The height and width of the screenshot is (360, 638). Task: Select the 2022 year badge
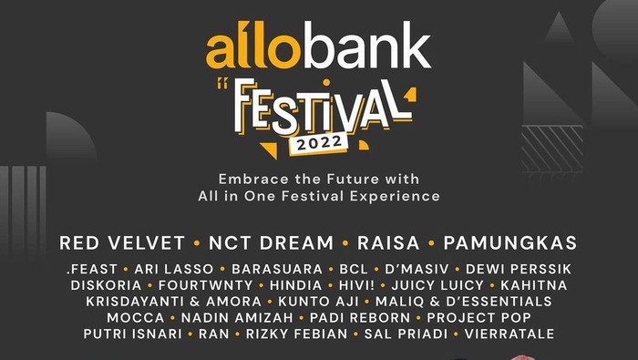point(318,143)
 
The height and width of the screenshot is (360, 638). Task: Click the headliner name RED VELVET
point(122,243)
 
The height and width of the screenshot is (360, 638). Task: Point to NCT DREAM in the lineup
point(271,243)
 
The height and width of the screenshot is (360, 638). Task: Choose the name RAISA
point(389,243)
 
